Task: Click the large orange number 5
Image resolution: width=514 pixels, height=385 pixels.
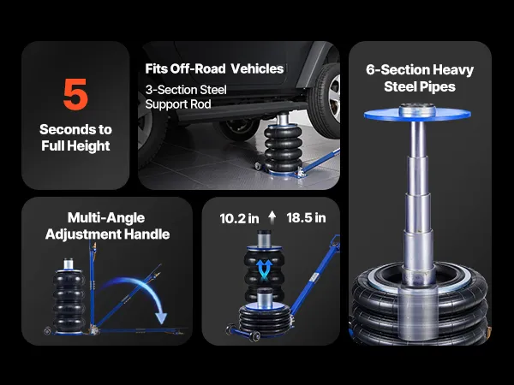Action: [x=75, y=94]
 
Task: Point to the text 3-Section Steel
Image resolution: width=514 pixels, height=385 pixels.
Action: [x=186, y=90]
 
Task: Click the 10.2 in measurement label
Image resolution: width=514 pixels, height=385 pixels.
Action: [x=239, y=218]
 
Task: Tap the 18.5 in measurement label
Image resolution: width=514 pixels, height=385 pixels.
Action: [x=306, y=217]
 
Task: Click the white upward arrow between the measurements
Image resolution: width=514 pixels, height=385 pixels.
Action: [x=272, y=217]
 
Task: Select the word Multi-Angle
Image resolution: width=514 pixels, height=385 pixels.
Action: [x=106, y=218]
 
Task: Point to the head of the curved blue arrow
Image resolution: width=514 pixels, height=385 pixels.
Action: [x=161, y=318]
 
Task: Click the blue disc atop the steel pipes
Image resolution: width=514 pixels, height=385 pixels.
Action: [x=417, y=115]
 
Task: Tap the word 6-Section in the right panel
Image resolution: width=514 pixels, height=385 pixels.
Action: [x=397, y=70]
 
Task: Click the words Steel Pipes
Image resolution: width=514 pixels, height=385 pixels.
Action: [x=420, y=86]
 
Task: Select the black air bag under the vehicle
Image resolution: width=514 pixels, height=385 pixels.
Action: [x=284, y=148]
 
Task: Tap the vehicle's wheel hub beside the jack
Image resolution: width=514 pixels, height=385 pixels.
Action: [x=334, y=94]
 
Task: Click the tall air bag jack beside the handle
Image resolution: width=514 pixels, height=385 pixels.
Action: [x=69, y=296]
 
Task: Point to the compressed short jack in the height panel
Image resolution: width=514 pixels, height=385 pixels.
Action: [x=265, y=312]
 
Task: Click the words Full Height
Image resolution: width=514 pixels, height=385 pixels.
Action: [x=75, y=145]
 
